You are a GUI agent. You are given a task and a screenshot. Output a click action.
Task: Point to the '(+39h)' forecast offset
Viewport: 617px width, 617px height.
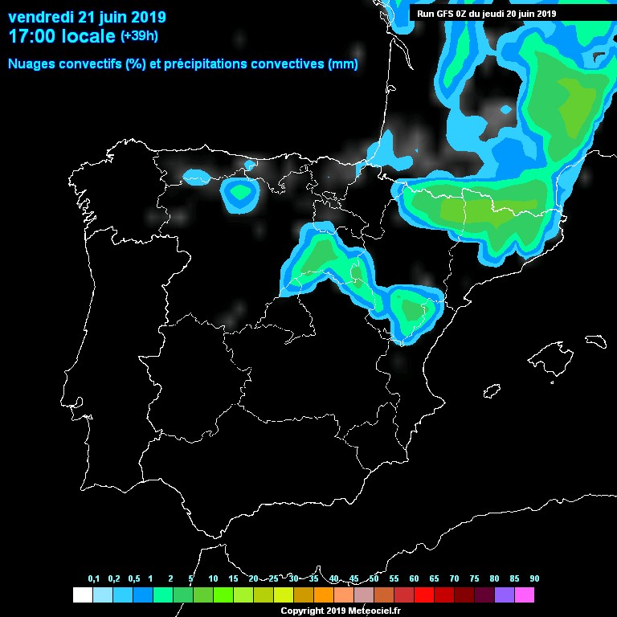click(139, 36)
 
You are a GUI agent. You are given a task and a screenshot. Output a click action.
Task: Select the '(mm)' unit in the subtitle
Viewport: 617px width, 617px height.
click(343, 63)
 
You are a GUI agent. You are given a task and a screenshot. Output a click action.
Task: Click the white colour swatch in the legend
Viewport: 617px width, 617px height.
click(82, 595)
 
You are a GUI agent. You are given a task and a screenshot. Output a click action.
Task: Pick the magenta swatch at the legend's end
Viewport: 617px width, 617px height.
click(524, 595)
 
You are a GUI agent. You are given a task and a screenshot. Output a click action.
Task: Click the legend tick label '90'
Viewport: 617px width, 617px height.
click(534, 579)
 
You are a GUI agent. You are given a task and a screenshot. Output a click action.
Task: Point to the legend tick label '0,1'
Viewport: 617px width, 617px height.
click(94, 579)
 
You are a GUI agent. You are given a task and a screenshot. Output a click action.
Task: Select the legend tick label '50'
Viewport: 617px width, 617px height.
click(374, 579)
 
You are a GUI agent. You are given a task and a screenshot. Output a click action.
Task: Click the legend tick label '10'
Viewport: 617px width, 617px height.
click(213, 579)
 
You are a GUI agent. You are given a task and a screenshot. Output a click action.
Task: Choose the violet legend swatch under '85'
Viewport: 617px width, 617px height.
click(504, 595)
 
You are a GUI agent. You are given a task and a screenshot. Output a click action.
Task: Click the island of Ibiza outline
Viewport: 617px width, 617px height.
click(491, 391)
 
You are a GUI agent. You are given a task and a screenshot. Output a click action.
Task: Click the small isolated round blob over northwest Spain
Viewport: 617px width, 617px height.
click(239, 193)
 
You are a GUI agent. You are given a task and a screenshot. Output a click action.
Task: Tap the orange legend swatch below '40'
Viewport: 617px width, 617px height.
click(323, 595)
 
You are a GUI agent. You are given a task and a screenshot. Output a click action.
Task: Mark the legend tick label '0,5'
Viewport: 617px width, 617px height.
click(134, 579)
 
